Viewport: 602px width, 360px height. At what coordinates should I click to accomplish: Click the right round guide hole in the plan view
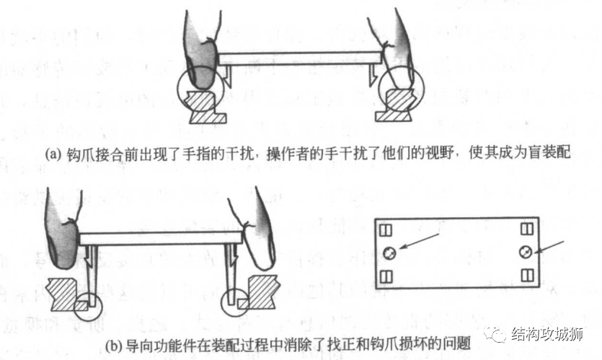[524, 252]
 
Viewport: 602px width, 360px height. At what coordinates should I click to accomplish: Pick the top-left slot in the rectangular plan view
[385, 230]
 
